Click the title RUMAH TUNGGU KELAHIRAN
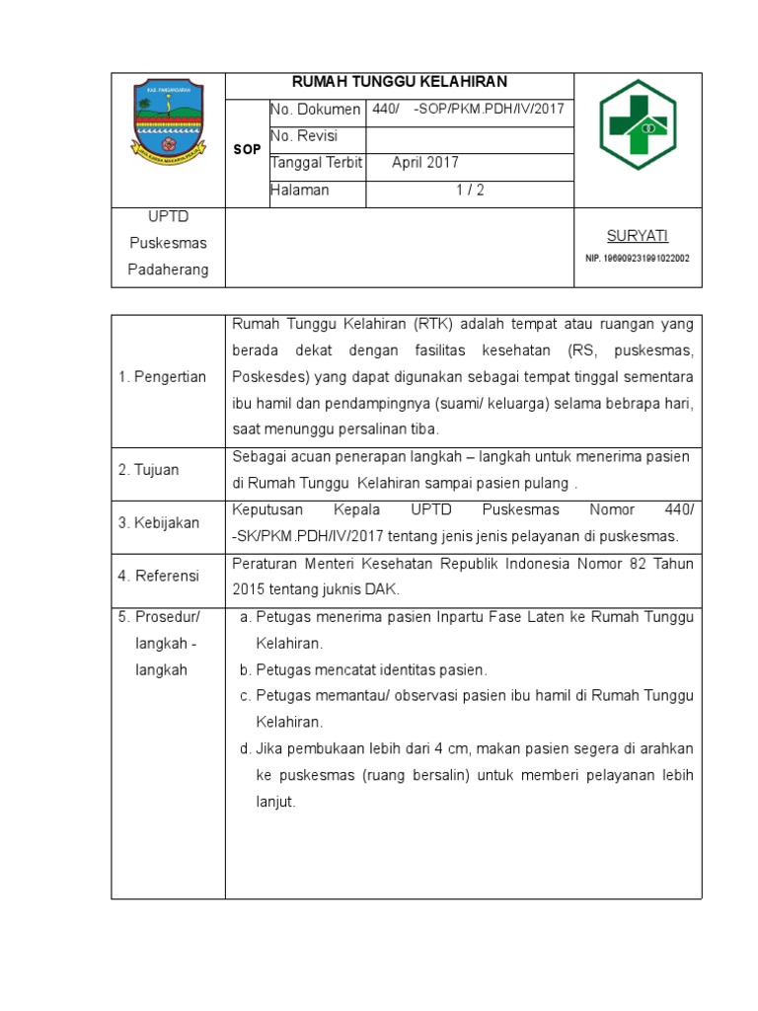pyautogui.click(x=399, y=83)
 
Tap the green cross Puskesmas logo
pyautogui.click(x=638, y=124)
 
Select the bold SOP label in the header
pyautogui.click(x=247, y=149)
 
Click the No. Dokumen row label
pyautogui.click(x=315, y=110)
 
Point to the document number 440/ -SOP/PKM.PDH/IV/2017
pyautogui.click(x=468, y=110)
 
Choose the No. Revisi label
pyautogui.click(x=304, y=136)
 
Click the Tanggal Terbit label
pyautogui.click(x=316, y=163)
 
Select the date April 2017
pyautogui.click(x=425, y=163)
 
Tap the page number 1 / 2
pyautogui.click(x=470, y=190)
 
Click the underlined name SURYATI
pyautogui.click(x=637, y=235)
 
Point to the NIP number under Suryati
pyautogui.click(x=637, y=258)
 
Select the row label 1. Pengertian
pyautogui.click(x=162, y=376)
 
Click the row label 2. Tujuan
pyautogui.click(x=149, y=470)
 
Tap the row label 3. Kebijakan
pyautogui.click(x=159, y=523)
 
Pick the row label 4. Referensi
pyautogui.click(x=159, y=576)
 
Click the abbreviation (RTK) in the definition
pyautogui.click(x=434, y=324)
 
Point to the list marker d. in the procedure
pyautogui.click(x=245, y=748)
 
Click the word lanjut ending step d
pyautogui.click(x=275, y=802)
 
